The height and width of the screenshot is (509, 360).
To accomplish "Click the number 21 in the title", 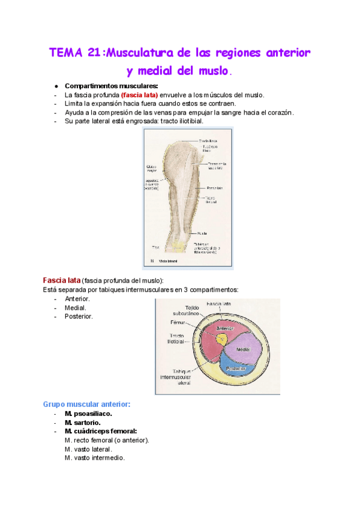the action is [93, 52].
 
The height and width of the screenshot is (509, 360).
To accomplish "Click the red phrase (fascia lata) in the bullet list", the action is [139, 95].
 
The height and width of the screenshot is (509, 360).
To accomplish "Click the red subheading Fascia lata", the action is [61, 280].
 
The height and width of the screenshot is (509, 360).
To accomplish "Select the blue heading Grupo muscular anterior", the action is [86, 404].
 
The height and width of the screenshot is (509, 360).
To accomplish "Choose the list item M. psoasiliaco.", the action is [88, 413].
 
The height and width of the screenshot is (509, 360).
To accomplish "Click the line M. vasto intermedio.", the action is [95, 457].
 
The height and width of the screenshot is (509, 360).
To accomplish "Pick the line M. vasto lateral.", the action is [88, 448].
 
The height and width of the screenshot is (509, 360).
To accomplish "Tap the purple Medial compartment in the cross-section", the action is [242, 348].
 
